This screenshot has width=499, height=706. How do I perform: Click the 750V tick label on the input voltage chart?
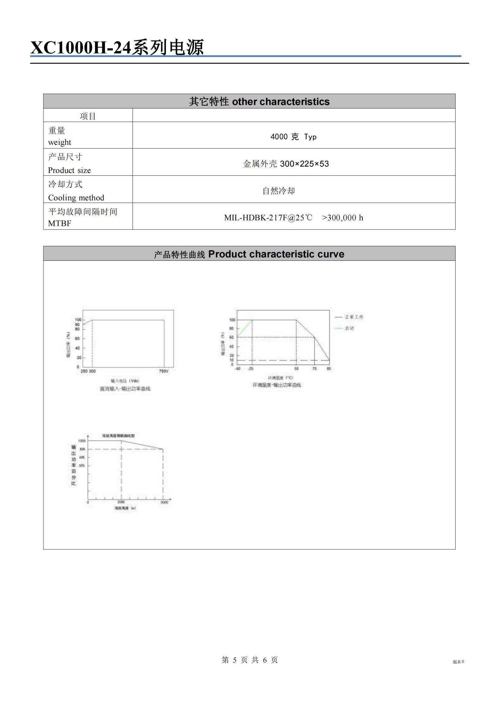coord(164,371)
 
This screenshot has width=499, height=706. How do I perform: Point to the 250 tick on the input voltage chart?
coord(84,371)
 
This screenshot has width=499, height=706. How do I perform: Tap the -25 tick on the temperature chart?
coord(251,368)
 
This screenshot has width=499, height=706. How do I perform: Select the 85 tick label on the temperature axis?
coord(329,368)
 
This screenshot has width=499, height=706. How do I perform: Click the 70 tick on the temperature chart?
coord(314,368)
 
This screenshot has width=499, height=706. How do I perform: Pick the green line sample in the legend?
coord(338,328)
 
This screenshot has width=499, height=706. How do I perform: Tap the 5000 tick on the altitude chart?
coord(164,502)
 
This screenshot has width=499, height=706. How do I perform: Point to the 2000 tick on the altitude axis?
coord(121,502)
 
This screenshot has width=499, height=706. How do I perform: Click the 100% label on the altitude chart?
coord(82,441)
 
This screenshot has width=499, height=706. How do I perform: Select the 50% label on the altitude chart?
coord(82,465)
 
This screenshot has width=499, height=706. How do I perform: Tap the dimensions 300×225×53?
coord(304,164)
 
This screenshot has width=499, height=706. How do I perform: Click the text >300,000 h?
coord(343,218)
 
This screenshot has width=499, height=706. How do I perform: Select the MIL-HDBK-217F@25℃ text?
coord(268,218)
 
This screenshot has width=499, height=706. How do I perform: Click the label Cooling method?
coord(76,198)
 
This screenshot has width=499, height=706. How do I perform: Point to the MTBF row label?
coord(60,223)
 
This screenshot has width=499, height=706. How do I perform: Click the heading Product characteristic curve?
coord(276,254)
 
